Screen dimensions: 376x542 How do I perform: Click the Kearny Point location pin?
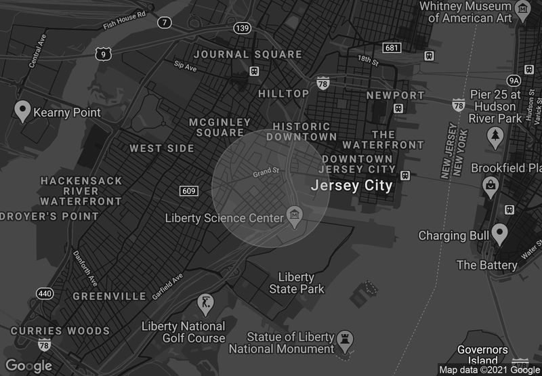[22, 111]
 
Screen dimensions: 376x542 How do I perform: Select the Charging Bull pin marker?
[500, 234]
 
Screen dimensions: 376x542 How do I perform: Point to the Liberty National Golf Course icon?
[206, 302]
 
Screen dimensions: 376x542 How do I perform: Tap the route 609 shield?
[189, 191]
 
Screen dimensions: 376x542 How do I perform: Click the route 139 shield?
[243, 28]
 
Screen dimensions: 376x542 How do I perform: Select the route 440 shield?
[45, 293]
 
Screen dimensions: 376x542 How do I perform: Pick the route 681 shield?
[391, 47]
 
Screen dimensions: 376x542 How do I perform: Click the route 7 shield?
[165, 23]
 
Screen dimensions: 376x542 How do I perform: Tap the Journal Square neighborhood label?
[248, 54]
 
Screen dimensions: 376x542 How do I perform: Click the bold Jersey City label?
[351, 185]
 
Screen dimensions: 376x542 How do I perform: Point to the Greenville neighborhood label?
[109, 296]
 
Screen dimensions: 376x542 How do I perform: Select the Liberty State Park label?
[297, 283]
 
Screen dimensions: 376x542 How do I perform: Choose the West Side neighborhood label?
[155, 148]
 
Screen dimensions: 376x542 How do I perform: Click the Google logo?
[28, 366]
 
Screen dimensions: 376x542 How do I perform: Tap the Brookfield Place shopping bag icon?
[489, 184]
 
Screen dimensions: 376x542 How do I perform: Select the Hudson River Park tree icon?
[495, 138]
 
